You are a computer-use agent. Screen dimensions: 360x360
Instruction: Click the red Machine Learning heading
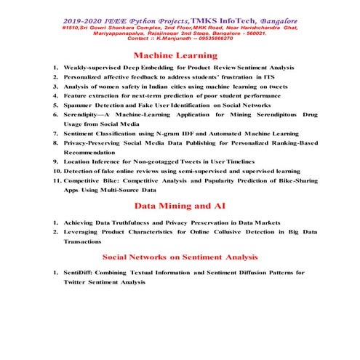tap(175, 55)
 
